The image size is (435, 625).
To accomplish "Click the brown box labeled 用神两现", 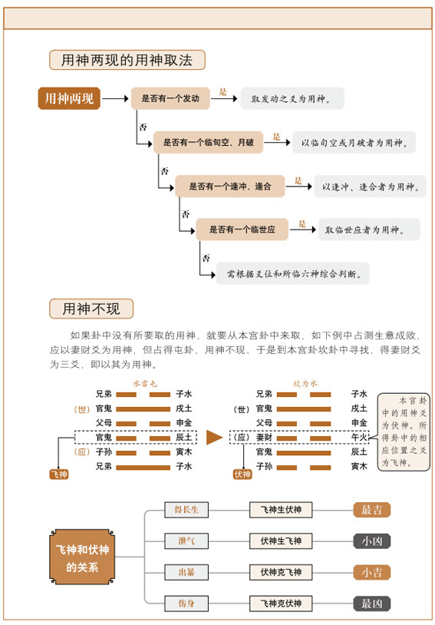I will tap(69, 99).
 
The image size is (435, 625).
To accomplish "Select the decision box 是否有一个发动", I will tap(170, 99).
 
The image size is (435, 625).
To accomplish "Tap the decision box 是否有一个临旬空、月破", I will tap(208, 143).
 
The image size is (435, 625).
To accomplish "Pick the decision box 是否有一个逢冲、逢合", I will tap(229, 186).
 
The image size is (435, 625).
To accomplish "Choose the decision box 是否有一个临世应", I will tap(242, 229).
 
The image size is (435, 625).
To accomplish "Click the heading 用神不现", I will tap(91, 309).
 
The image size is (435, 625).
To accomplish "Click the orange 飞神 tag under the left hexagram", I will tap(60, 475).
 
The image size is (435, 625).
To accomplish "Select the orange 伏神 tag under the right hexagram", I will tap(242, 475).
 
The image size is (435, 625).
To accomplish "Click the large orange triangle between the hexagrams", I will tap(215, 438).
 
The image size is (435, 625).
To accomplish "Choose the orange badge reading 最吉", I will tap(372, 510).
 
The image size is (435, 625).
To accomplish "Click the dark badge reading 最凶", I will tap(372, 604).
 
